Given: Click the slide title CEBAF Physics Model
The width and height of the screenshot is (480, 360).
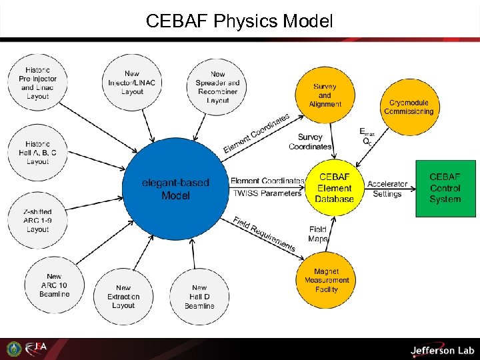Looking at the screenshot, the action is click(239, 21).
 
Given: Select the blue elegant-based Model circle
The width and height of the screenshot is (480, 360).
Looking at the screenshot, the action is click(175, 189).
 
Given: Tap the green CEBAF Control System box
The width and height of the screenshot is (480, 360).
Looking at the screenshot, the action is click(445, 188).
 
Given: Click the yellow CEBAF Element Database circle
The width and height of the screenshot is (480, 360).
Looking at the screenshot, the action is click(335, 188).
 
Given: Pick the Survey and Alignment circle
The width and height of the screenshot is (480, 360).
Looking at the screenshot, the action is click(325, 95).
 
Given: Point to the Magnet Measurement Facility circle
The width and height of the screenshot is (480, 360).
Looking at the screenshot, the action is click(326, 280).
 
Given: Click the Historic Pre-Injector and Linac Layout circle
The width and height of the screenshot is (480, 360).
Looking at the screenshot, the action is click(38, 83).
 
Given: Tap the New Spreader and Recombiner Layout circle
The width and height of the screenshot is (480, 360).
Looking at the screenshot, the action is click(217, 87).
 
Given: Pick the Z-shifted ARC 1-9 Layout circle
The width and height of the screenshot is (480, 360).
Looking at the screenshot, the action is click(38, 221).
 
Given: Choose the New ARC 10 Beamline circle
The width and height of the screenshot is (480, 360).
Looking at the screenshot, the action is click(54, 285).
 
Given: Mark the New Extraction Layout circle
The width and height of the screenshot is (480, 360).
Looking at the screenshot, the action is click(123, 297).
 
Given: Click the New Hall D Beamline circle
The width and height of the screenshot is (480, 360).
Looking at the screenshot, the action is click(199, 297).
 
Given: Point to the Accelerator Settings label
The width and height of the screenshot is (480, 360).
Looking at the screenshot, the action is click(387, 189).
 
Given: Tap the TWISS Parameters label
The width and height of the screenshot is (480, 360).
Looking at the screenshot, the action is click(266, 194).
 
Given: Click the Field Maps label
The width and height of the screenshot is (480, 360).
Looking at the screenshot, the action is click(318, 234).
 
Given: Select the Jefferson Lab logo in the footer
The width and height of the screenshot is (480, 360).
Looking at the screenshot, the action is click(441, 349).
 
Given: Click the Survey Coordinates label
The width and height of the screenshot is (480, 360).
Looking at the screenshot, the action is click(310, 142).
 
